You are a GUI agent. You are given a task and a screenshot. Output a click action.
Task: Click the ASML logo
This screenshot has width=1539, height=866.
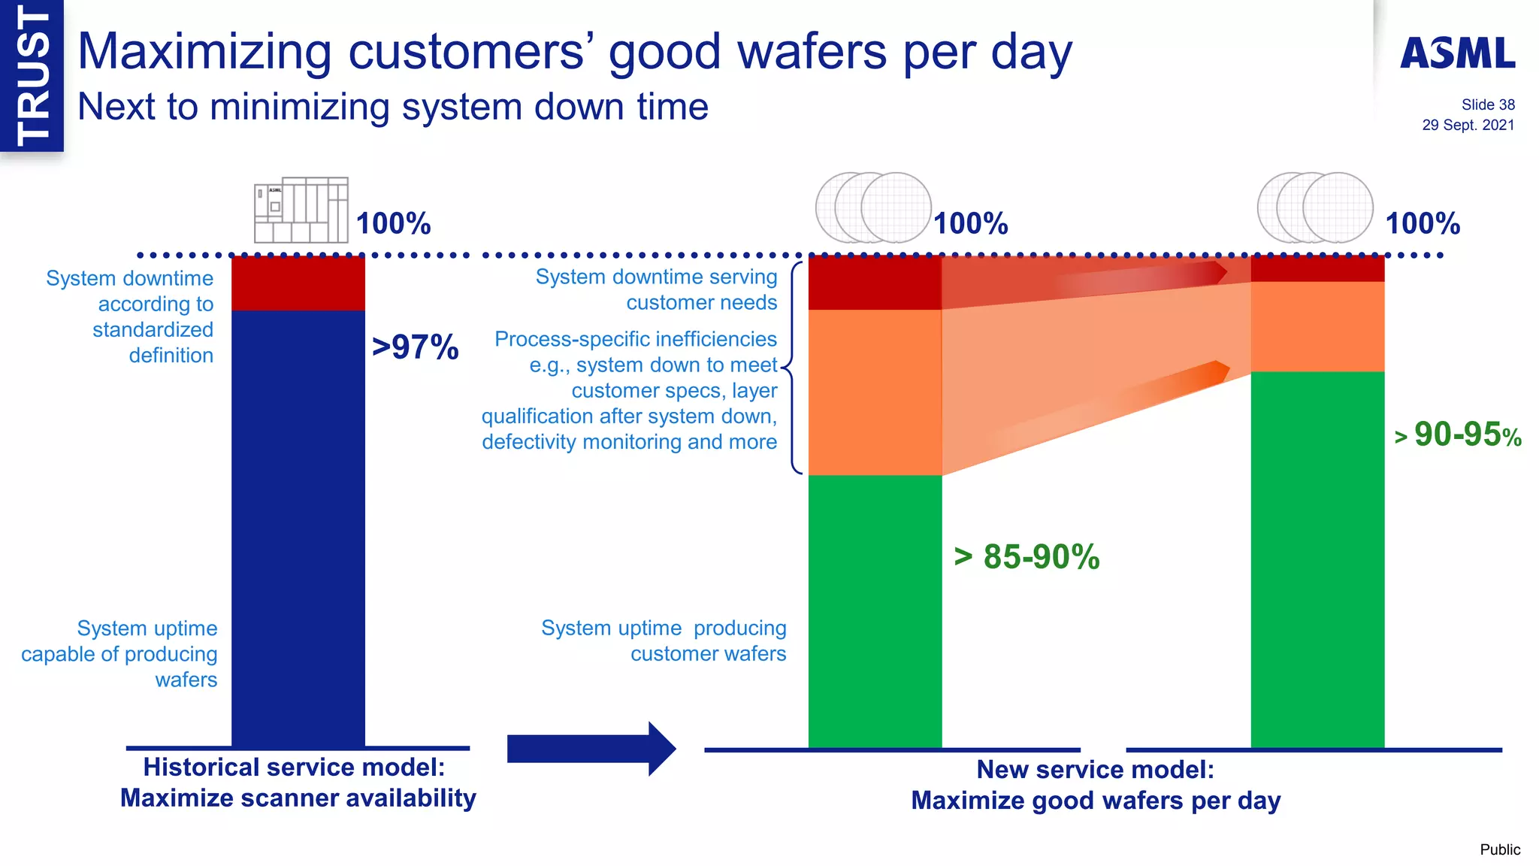(1457, 53)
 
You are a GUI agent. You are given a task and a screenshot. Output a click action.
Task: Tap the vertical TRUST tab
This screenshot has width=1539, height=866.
(32, 75)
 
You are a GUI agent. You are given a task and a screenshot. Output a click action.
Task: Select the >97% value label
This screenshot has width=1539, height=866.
(415, 347)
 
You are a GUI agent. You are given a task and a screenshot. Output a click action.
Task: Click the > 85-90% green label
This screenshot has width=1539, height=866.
(1027, 557)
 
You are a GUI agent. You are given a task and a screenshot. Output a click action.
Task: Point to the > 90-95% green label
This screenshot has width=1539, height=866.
(1458, 435)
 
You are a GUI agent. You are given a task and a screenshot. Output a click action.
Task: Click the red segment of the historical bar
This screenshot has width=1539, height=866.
(298, 283)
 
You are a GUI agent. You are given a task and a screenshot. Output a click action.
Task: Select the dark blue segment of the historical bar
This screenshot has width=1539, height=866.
(298, 526)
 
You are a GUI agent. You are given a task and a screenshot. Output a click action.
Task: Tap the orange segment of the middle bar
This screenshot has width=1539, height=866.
(875, 391)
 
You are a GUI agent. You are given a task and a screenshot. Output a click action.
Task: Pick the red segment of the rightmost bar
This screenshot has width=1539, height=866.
(1317, 268)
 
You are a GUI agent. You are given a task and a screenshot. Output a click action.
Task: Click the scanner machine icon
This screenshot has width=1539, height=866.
(301, 210)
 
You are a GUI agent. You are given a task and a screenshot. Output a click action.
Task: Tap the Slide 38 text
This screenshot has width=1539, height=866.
(1487, 105)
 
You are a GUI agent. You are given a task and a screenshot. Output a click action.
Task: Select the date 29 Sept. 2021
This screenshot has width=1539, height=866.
(1468, 126)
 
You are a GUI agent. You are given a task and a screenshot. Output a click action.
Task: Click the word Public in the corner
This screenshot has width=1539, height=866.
(1500, 849)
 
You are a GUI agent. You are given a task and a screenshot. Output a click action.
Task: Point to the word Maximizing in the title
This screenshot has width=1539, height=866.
(204, 52)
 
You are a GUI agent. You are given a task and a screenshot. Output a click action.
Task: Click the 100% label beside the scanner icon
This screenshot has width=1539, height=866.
(393, 224)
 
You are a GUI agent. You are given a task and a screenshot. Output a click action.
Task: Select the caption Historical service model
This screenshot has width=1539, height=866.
(294, 767)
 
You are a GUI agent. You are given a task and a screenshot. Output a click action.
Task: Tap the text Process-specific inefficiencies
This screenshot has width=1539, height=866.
(635, 339)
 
